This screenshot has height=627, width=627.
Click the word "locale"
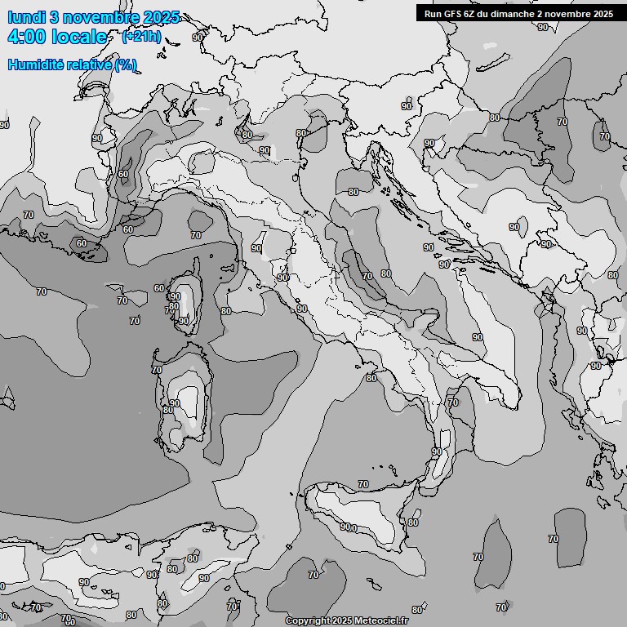tap(79, 37)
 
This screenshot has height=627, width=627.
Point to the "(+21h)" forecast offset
tap(140, 37)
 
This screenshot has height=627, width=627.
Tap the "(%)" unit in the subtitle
tap(126, 64)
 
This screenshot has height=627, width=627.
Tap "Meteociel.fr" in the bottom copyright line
tap(380, 621)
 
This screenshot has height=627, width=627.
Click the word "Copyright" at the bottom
tap(308, 621)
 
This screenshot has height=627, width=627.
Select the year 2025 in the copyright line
tap(342, 621)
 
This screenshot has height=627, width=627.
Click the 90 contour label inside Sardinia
tap(174, 403)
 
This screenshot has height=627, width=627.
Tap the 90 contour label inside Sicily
tap(345, 527)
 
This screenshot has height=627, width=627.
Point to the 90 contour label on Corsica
tap(184, 321)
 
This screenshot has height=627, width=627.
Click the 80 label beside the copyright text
tap(417, 610)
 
